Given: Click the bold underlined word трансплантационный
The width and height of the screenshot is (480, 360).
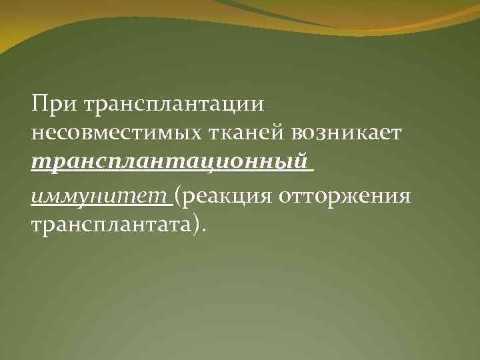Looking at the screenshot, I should [x=171, y=163].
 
